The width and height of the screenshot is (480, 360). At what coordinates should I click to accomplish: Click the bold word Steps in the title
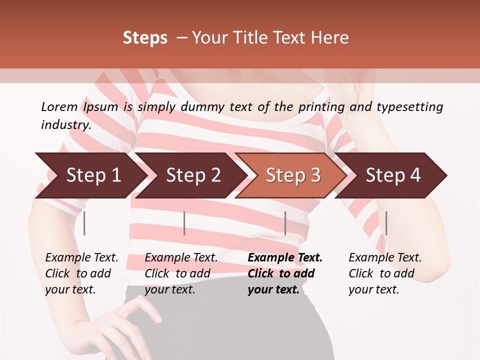[x=145, y=37]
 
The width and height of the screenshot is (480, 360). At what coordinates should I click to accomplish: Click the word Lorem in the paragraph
[x=59, y=106]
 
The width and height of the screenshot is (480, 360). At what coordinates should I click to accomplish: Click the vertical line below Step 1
[x=84, y=223]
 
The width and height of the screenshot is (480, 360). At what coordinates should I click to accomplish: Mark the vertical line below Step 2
[x=184, y=223]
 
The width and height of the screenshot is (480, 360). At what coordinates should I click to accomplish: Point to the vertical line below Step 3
[x=285, y=223]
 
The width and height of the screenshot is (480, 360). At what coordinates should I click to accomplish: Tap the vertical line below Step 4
[x=386, y=223]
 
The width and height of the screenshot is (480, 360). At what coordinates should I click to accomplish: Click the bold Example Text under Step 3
[x=285, y=258]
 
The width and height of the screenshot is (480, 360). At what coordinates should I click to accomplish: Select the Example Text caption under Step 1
[x=81, y=258]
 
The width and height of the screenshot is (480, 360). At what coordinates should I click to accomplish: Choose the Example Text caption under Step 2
[x=181, y=258]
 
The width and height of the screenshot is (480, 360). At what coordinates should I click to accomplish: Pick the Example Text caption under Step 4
[x=385, y=258]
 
